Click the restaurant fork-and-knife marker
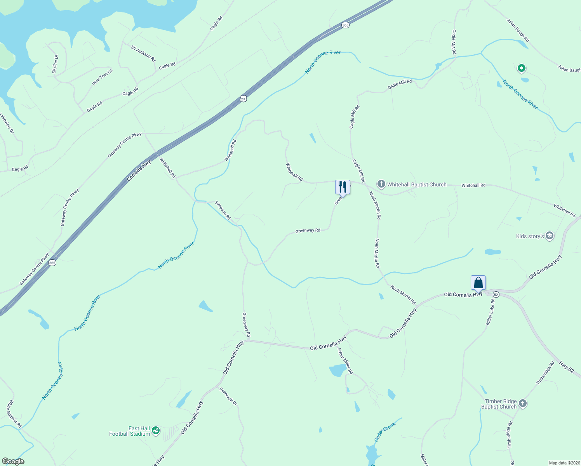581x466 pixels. tap(343, 187)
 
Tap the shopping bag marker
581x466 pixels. tap(478, 283)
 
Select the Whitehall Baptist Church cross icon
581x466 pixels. tap(381, 184)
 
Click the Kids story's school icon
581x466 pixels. tap(549, 236)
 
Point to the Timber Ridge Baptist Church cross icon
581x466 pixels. tap(523, 403)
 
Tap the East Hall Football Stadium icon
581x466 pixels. tap(156, 430)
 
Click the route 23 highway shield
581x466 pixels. tap(243, 99)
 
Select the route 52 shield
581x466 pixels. tap(496, 295)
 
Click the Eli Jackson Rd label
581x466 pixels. tap(143, 54)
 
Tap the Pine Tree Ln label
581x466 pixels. tap(102, 77)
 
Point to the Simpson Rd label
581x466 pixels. tap(223, 210)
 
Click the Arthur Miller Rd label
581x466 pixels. tap(345, 361)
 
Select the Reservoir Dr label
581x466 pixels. tap(228, 396)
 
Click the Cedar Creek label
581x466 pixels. tap(384, 432)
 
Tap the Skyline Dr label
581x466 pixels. tap(55, 64)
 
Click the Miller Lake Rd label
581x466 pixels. tap(490, 312)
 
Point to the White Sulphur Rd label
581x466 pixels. tap(14, 414)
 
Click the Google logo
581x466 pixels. tap(13, 461)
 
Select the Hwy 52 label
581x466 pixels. tap(566, 367)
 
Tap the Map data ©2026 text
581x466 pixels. tap(564, 463)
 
